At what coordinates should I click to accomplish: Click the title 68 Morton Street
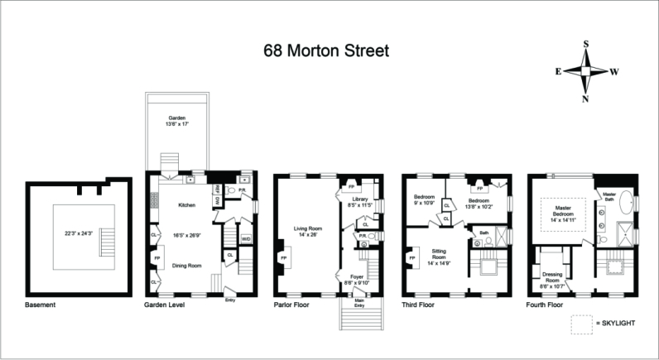(x=325, y=50)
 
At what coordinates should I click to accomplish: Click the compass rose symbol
(x=586, y=71)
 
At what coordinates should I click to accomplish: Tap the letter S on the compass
(x=586, y=44)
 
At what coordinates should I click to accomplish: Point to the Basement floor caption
(x=41, y=305)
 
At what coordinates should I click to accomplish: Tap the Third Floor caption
(x=417, y=305)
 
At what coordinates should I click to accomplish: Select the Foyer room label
(x=357, y=278)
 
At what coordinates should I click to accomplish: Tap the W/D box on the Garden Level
(x=246, y=239)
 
